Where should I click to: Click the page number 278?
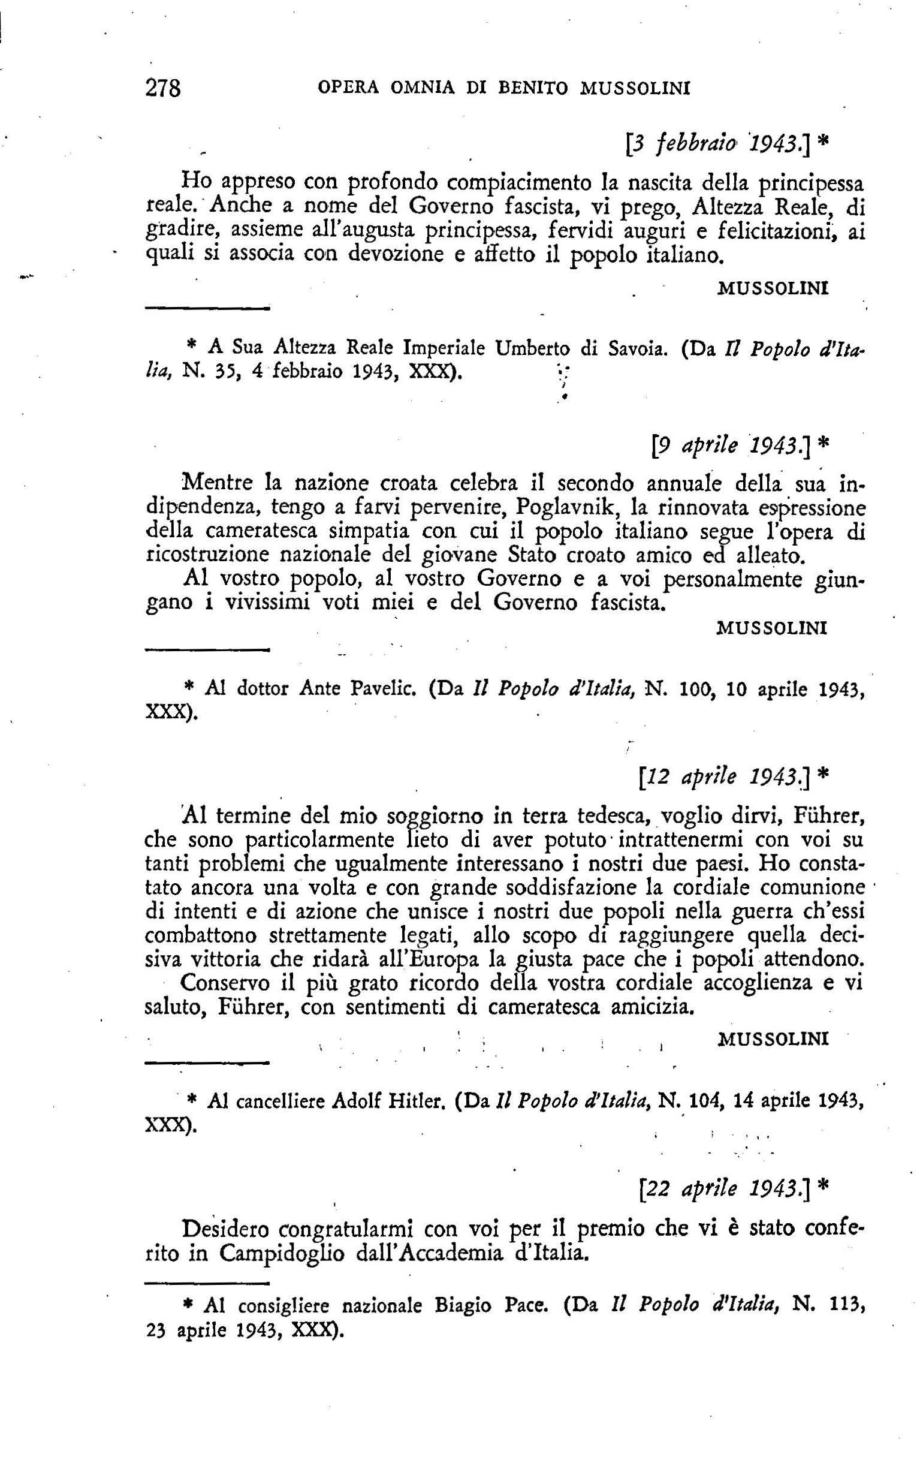163,89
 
